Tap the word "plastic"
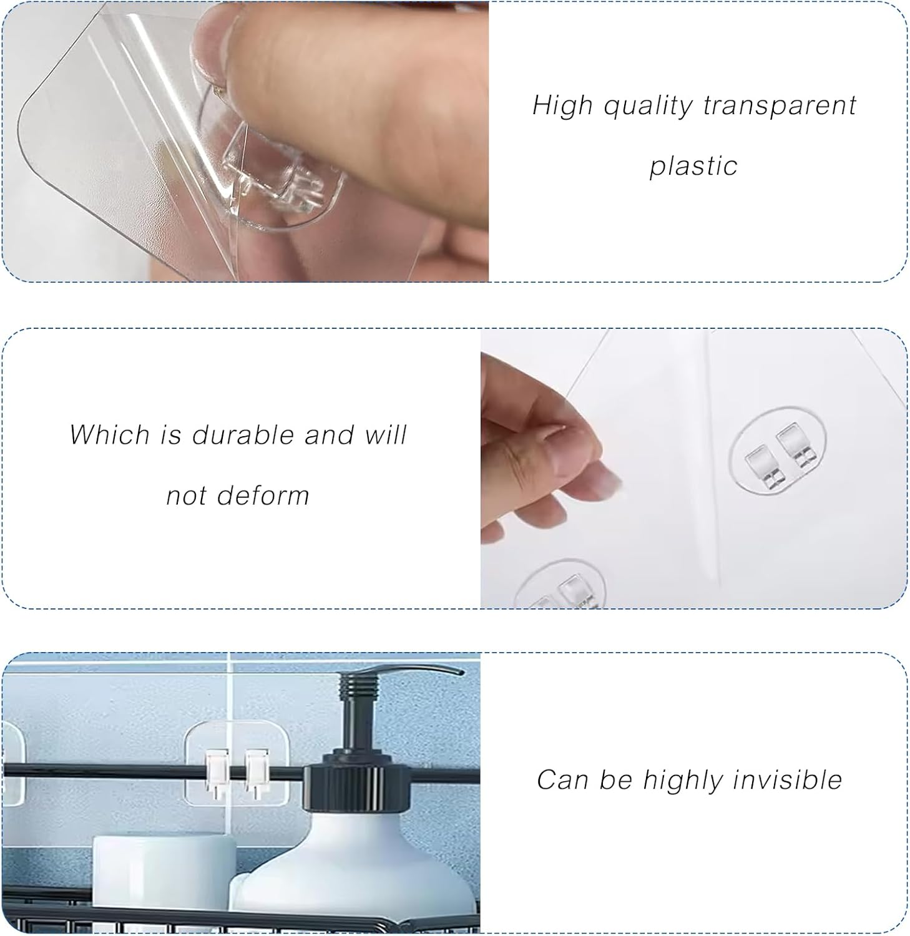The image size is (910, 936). pyautogui.click(x=693, y=166)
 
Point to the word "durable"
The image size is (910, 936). pyautogui.click(x=243, y=434)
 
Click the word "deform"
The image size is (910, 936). pyautogui.click(x=272, y=495)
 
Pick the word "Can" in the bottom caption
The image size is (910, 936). pyautogui.click(x=563, y=780)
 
